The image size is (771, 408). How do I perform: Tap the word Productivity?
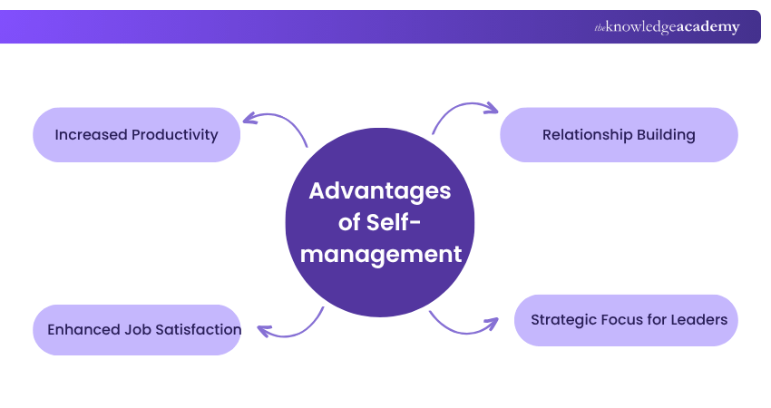[x=175, y=135]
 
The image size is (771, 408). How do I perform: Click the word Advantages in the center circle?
[x=380, y=191]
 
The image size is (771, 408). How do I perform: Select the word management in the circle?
[x=381, y=254]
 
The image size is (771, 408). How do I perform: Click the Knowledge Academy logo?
[x=667, y=27]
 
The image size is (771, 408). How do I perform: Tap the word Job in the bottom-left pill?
[x=136, y=329]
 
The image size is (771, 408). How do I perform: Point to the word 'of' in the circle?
[x=349, y=222]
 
